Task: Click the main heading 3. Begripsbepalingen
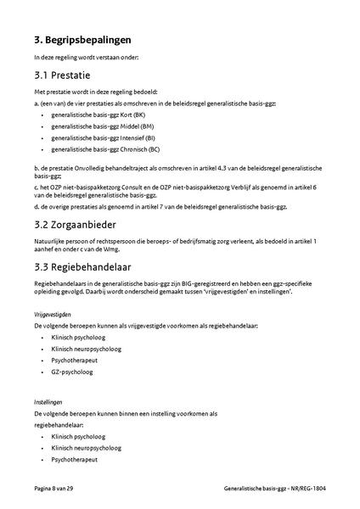pyautogui.click(x=83, y=39)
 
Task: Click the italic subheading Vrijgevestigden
pyautogui.click(x=52, y=314)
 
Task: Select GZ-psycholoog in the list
pyautogui.click(x=70, y=372)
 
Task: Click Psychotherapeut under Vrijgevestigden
pyautogui.click(x=75, y=360)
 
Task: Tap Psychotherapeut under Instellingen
pyautogui.click(x=75, y=459)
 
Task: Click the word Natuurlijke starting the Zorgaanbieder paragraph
pyautogui.click(x=49, y=243)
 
